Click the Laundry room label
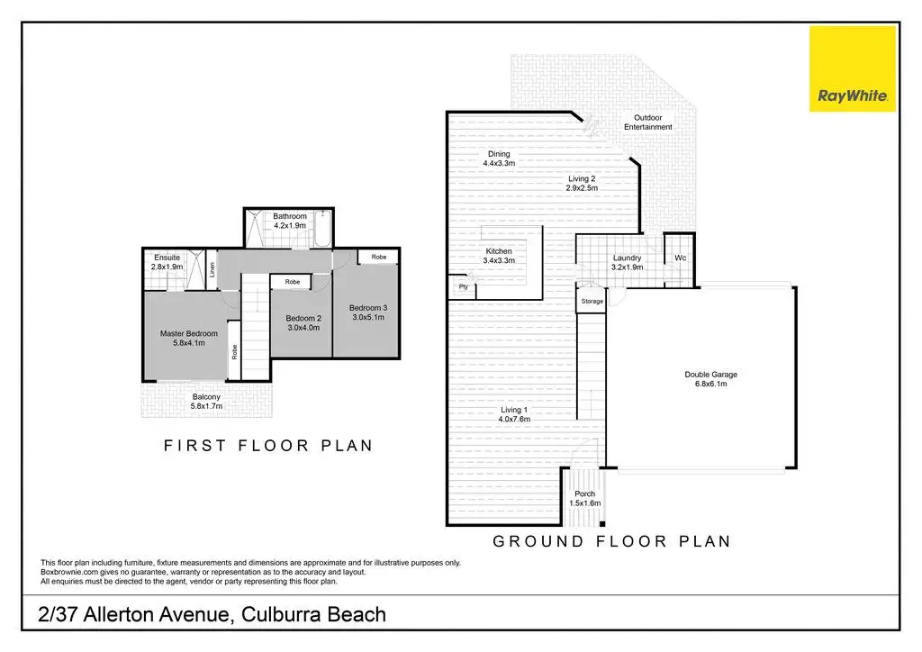coord(626,258)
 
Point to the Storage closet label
coord(592,301)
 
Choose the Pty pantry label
coord(463,287)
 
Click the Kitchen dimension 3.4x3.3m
coord(498,261)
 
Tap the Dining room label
coord(498,154)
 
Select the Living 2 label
coord(581,178)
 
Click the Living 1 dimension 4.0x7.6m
coord(515,420)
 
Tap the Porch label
coord(584,494)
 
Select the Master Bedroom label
coord(188,334)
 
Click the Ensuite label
coord(167,258)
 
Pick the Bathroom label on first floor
coord(290,216)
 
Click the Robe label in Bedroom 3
coord(379,258)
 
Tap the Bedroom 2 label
coord(303,318)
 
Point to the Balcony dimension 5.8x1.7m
coord(206,406)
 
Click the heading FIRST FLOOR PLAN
coord(267,446)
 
